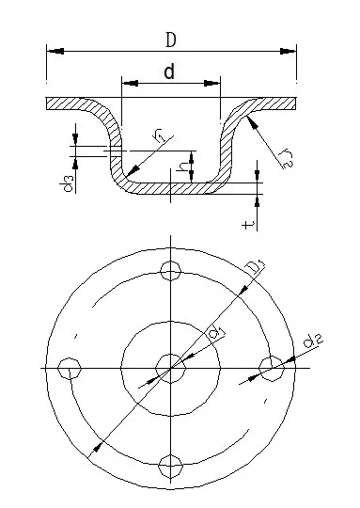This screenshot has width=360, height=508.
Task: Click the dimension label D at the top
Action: pos(171,40)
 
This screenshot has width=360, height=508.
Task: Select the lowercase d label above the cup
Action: pos(169,71)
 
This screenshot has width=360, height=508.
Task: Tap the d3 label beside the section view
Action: pos(67,183)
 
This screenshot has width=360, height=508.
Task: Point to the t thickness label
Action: pos(247,224)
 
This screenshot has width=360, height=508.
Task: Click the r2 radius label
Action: pos(287,158)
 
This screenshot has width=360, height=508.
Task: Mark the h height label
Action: pos(183,167)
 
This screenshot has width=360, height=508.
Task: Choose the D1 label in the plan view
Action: pos(255,268)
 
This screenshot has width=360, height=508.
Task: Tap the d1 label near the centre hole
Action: pos(216,332)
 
